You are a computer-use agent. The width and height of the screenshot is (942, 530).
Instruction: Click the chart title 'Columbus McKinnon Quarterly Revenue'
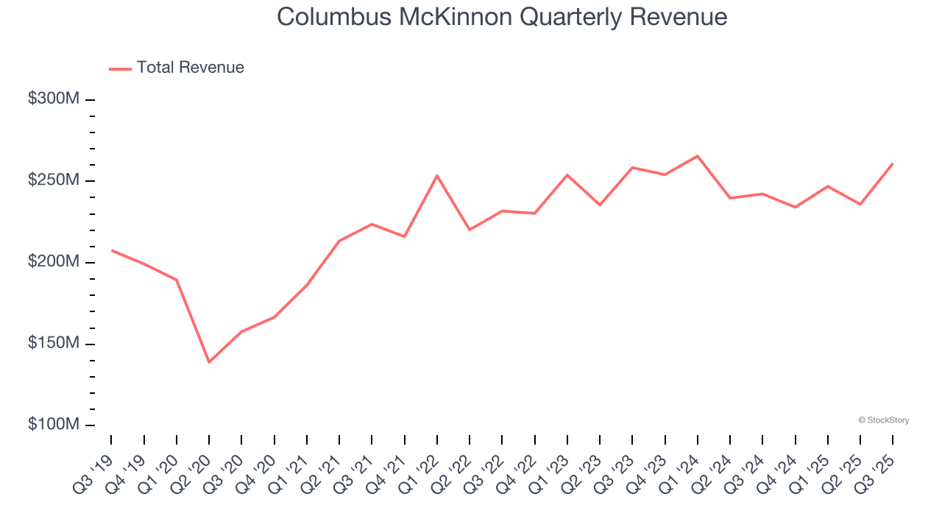click(502, 17)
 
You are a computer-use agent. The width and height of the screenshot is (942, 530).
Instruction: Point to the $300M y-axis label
click(53, 99)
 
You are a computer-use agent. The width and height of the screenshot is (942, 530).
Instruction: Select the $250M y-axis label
click(53, 181)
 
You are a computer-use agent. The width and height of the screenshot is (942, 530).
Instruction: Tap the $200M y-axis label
click(53, 263)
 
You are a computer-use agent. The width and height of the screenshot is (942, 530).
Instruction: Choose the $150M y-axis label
click(53, 344)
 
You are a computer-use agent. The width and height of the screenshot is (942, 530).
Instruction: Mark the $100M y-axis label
click(53, 425)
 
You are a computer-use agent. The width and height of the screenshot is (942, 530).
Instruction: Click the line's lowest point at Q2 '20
click(209, 361)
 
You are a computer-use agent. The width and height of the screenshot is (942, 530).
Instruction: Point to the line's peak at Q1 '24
click(697, 156)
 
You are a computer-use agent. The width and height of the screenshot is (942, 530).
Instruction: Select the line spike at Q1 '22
click(437, 176)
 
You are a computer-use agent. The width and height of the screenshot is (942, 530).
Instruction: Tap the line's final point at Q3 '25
click(893, 163)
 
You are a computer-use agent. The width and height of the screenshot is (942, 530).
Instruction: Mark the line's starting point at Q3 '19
click(112, 250)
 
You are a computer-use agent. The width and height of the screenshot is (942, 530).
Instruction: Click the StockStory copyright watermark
click(884, 420)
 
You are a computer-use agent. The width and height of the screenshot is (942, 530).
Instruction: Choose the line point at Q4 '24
click(795, 207)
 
